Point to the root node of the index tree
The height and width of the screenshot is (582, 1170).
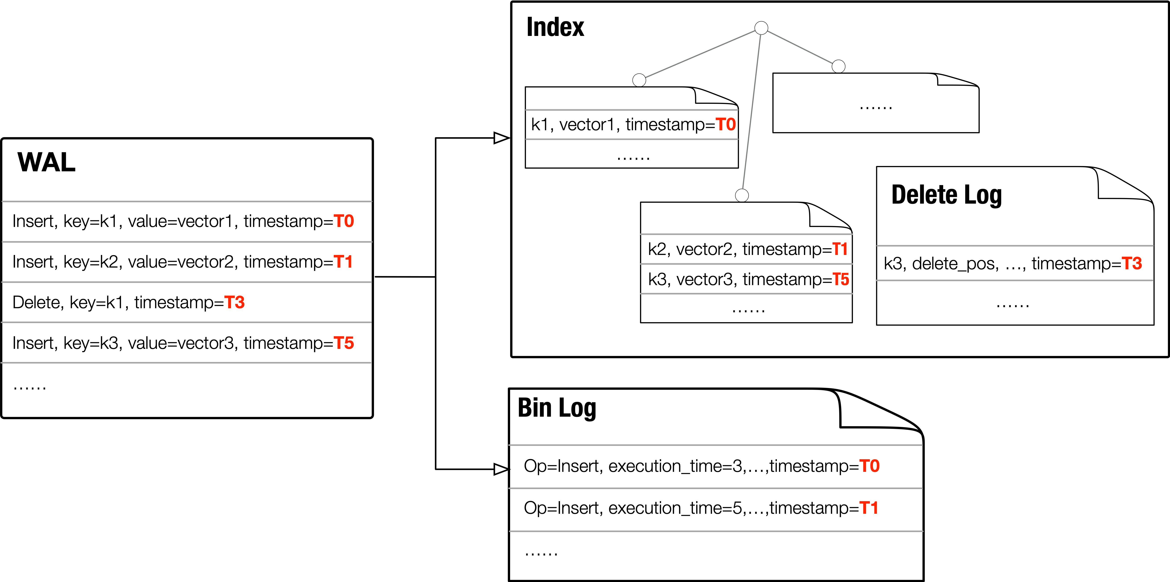click(x=761, y=28)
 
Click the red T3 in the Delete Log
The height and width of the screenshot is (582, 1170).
click(x=1131, y=263)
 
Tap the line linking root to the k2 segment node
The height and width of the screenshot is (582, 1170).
click(x=751, y=111)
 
